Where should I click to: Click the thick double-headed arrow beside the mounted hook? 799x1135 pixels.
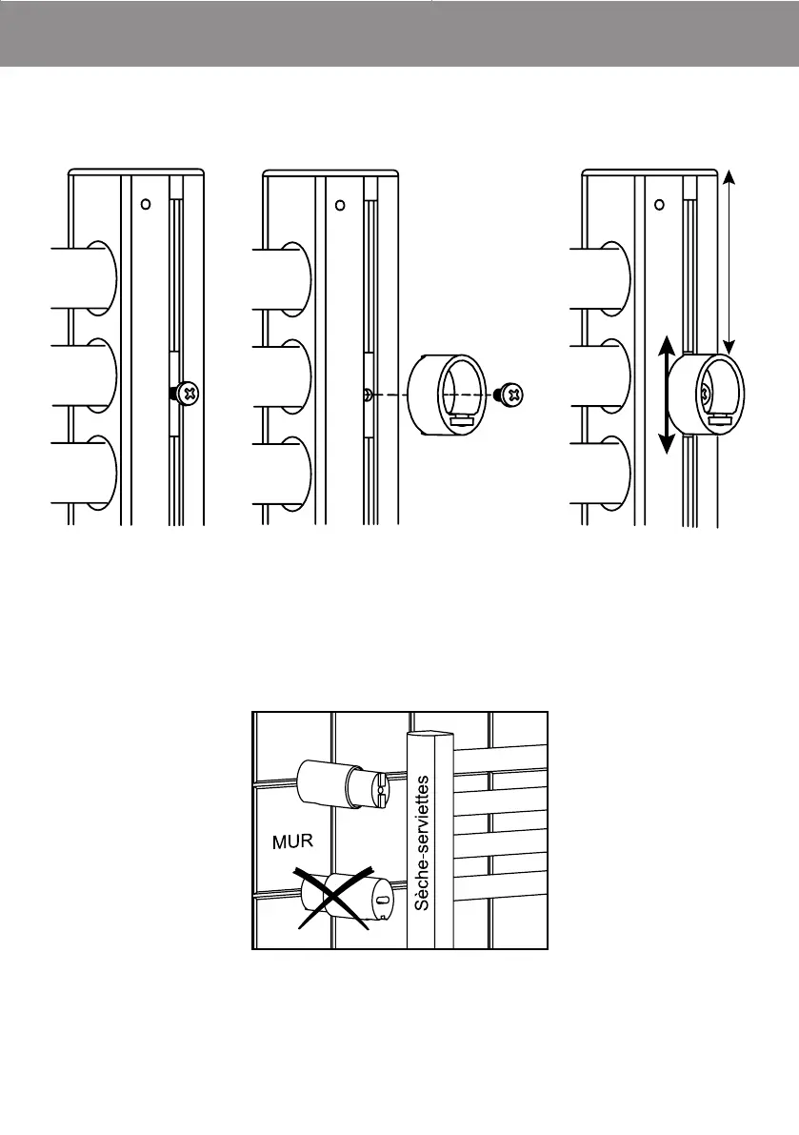pos(668,394)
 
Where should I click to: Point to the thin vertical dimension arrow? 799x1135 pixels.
pos(729,261)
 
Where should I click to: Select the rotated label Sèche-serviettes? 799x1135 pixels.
pos(423,843)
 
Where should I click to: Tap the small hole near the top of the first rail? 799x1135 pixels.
pos(145,203)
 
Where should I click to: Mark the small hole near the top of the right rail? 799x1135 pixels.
pos(659,203)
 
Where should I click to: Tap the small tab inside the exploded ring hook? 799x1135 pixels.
pos(465,416)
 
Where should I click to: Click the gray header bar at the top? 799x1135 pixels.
pos(399,34)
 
